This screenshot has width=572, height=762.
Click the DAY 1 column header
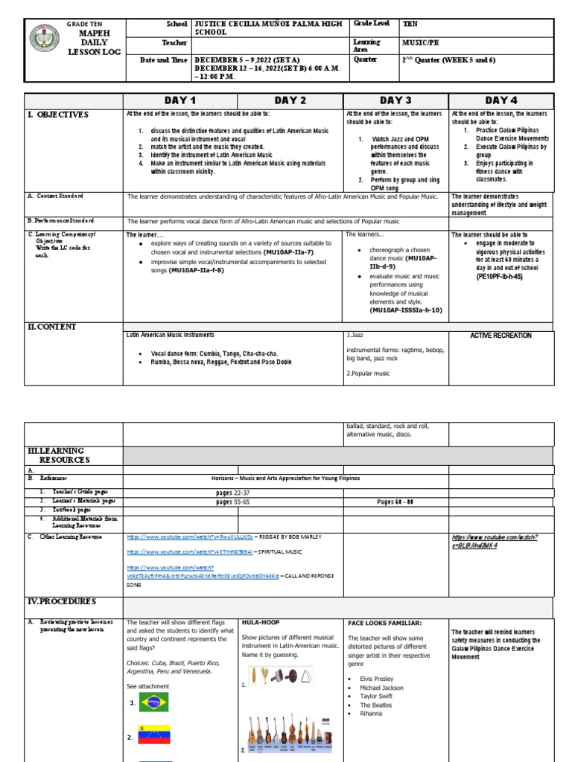(181, 100)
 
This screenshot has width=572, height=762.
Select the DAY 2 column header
(290, 100)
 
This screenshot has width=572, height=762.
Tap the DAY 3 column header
(395, 100)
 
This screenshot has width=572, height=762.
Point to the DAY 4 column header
(501, 100)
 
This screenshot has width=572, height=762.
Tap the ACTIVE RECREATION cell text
(500, 336)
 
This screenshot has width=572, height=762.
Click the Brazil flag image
(154, 702)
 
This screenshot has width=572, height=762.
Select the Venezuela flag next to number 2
(154, 734)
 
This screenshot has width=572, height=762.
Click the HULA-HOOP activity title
(260, 622)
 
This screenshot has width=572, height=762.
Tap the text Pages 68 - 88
(395, 502)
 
